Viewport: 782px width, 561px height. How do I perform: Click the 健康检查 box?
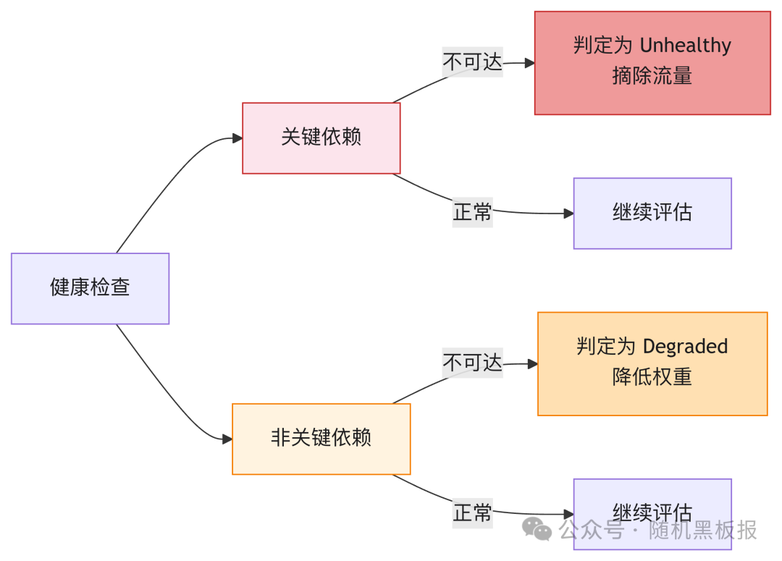(90, 288)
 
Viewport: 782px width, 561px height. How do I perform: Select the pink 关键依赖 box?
(321, 138)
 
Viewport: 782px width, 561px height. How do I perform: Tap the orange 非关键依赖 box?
(321, 439)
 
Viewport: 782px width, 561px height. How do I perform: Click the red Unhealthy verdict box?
(652, 62)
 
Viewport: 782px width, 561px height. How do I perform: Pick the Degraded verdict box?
(652, 363)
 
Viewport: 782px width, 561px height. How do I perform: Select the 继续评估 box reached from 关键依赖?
(652, 213)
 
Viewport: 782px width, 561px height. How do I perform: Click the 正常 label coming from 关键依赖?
(472, 213)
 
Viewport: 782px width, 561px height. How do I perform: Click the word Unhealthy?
(685, 46)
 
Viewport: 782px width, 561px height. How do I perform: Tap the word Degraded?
(685, 347)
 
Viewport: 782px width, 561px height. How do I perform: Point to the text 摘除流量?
(652, 77)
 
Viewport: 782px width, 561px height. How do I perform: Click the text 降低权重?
(652, 377)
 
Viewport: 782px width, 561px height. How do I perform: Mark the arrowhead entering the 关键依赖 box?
(237, 138)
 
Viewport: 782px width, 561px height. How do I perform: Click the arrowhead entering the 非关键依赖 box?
(227, 439)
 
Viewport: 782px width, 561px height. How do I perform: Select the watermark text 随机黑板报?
(702, 530)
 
